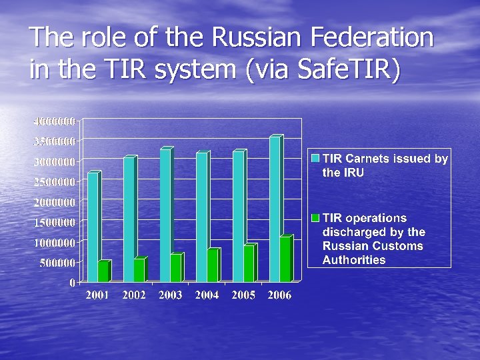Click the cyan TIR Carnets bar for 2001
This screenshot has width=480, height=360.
click(93, 227)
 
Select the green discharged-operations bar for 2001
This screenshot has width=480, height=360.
click(103, 271)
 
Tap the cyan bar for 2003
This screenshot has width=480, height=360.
click(165, 215)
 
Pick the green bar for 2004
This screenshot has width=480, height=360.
click(212, 265)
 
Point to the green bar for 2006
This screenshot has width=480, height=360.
click(285, 259)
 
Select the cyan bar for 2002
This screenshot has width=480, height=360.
click(129, 219)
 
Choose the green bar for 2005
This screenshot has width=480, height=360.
click(249, 263)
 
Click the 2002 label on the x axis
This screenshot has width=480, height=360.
click(134, 295)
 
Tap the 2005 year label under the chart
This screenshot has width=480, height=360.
click(243, 295)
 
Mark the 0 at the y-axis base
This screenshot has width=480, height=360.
click(72, 283)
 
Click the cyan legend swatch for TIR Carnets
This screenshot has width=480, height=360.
click(316, 159)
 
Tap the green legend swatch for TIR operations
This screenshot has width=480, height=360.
click(316, 218)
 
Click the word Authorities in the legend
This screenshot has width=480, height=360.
click(353, 260)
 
